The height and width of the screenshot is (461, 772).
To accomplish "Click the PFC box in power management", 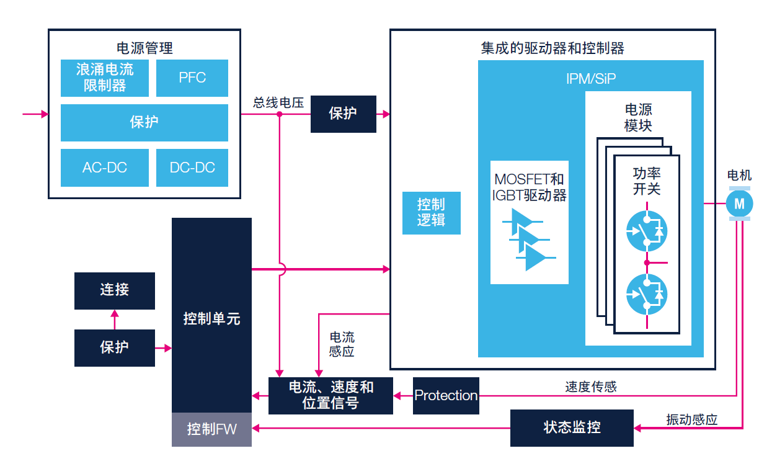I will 192,78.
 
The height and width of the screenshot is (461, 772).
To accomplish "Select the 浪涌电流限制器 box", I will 104,78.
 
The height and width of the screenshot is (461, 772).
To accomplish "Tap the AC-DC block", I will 104,168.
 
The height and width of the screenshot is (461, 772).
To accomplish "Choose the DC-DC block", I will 192,168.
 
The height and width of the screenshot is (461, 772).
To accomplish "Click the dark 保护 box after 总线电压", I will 343,114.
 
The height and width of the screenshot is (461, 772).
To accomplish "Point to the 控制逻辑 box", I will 431,212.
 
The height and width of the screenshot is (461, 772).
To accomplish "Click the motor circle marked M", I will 739,203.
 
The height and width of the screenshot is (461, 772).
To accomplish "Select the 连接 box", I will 114,290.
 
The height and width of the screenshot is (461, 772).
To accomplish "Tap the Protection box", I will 446,395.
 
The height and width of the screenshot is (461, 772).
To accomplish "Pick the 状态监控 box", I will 572,427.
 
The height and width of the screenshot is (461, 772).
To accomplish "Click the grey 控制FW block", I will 211,429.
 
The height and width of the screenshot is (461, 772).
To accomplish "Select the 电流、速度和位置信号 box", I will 331,395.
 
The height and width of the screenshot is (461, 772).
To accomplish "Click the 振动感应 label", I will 691,419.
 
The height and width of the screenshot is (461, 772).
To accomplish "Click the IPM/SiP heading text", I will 590,79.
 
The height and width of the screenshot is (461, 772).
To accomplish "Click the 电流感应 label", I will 342,344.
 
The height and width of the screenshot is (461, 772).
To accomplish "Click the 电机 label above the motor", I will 739,176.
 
